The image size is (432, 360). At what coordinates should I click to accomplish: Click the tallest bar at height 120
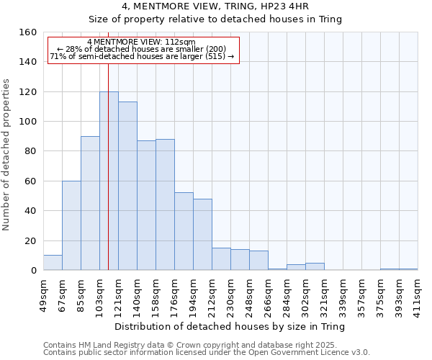point(109,180)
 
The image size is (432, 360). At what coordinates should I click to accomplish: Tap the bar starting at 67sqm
point(71,225)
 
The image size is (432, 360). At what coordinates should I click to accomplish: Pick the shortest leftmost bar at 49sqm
point(53,263)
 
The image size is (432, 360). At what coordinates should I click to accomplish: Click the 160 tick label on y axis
point(28,32)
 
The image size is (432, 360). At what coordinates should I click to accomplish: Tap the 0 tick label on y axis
point(34,271)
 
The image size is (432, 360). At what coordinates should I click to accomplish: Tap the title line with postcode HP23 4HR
point(216,6)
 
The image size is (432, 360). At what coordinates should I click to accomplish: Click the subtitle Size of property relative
point(216,19)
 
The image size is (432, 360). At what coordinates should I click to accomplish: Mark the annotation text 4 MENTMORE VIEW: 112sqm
point(140,42)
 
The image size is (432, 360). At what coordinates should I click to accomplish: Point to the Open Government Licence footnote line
point(207,353)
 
